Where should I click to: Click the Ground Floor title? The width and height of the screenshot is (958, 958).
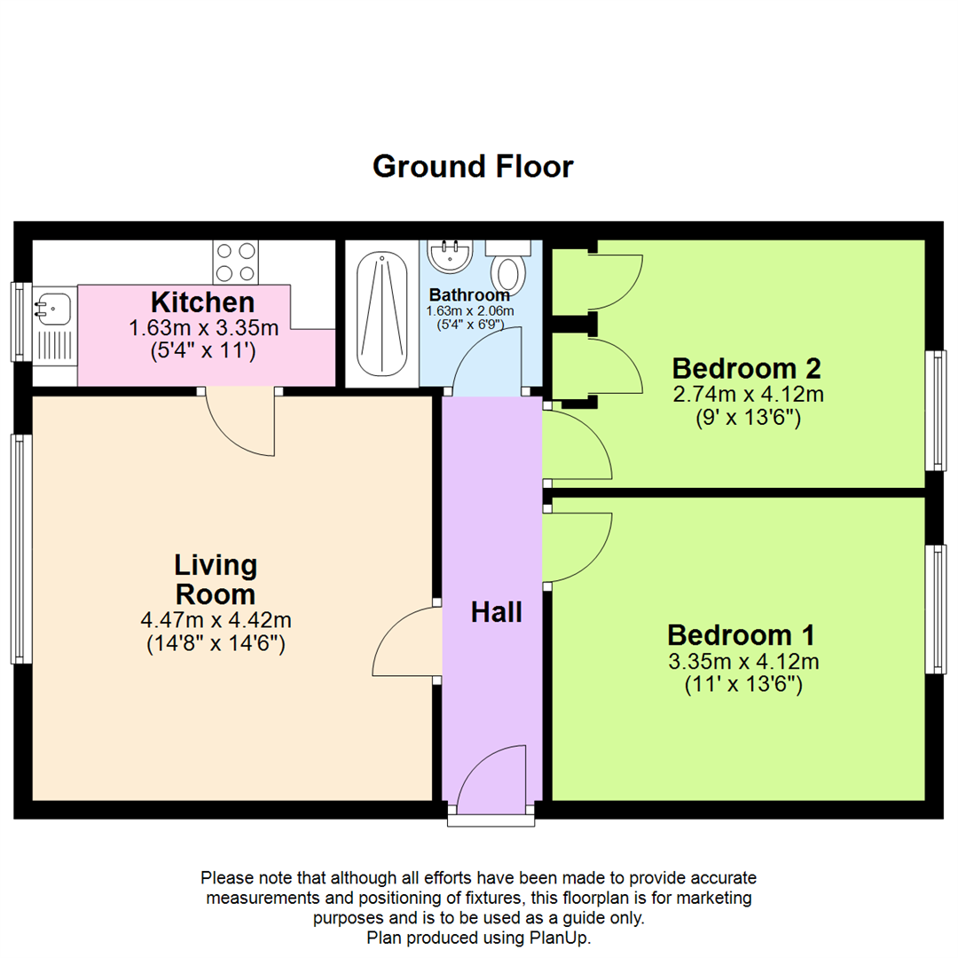click(x=473, y=166)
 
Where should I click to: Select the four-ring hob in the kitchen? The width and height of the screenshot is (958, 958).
click(x=235, y=262)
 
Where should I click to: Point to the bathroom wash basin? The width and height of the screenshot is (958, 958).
click(x=451, y=255)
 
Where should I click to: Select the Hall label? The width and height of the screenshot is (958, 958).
click(x=496, y=612)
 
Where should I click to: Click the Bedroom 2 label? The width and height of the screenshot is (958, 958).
click(x=747, y=367)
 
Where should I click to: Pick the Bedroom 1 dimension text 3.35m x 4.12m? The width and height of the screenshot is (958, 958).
click(x=743, y=661)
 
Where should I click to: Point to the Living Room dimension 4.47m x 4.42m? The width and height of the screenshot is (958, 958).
click(x=216, y=620)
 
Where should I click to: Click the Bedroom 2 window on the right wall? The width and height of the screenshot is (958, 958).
click(x=935, y=410)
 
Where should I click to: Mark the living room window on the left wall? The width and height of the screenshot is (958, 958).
click(x=21, y=548)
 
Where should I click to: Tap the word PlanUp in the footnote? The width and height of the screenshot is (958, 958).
click(x=562, y=938)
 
